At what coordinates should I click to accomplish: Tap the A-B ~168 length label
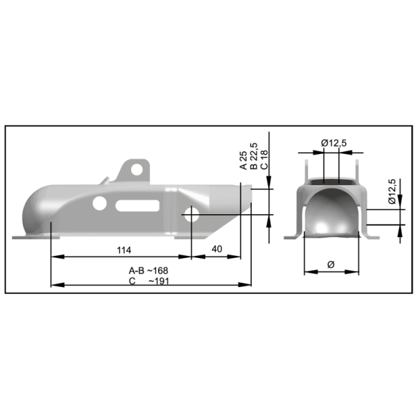pyautogui.click(x=148, y=270)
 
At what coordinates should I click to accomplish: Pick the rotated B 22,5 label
pyautogui.click(x=254, y=157)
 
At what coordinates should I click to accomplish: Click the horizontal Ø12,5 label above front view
pyautogui.click(x=334, y=143)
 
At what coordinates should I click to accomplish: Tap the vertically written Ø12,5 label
pyautogui.click(x=392, y=191)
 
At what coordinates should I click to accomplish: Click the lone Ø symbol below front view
pyautogui.click(x=331, y=264)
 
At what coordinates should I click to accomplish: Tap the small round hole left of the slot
pyautogui.click(x=101, y=203)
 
